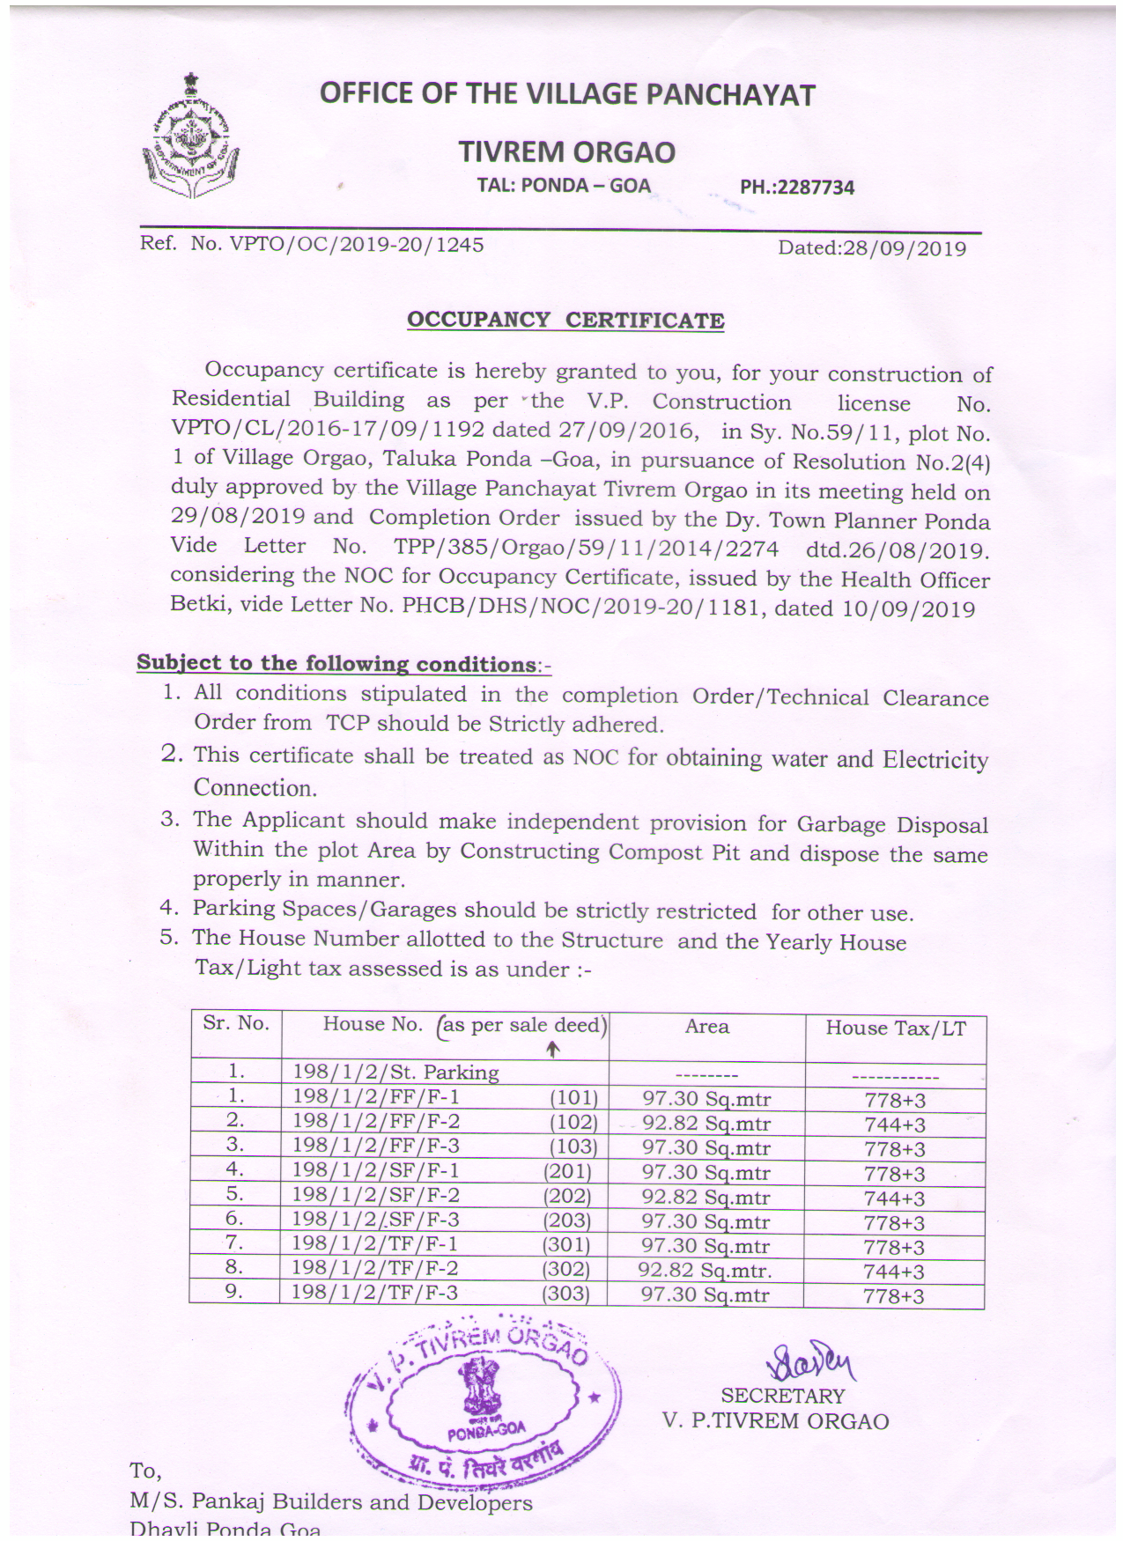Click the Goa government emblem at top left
tap(190, 138)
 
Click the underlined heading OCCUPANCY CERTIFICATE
tap(565, 321)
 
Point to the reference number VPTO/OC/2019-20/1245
tap(356, 245)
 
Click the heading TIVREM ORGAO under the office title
tap(566, 152)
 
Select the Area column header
tap(706, 1027)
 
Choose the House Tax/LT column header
tap(895, 1029)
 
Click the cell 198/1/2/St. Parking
tap(395, 1073)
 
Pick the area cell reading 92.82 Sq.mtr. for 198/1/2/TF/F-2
tap(705, 1271)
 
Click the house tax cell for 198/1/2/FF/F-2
tap(895, 1124)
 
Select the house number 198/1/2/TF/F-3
tap(375, 1293)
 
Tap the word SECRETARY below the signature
tap(782, 1397)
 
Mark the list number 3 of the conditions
tap(169, 819)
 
